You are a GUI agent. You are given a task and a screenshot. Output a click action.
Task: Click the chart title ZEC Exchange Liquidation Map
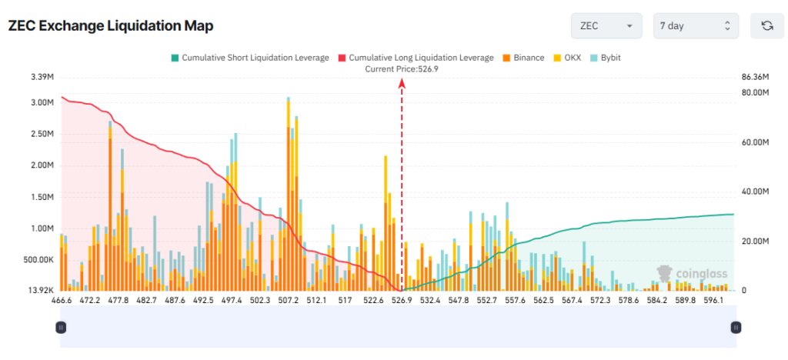[110, 25]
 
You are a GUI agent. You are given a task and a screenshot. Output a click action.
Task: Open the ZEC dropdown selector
[606, 26]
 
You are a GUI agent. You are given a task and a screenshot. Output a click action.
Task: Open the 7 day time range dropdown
[695, 26]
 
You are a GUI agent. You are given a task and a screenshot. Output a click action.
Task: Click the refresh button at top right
[766, 26]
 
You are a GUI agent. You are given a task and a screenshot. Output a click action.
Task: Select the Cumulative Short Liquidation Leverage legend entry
[250, 58]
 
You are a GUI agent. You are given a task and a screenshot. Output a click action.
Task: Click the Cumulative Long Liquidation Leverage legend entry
[416, 58]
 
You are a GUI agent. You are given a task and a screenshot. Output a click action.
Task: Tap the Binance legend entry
[523, 58]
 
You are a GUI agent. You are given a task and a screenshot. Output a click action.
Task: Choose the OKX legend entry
[567, 58]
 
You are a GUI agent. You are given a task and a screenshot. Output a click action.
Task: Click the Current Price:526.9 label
[401, 69]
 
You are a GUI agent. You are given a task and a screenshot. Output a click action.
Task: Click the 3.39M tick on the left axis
[42, 77]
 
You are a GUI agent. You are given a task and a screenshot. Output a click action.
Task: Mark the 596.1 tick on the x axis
[713, 301]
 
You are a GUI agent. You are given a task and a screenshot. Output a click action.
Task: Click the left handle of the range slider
[61, 327]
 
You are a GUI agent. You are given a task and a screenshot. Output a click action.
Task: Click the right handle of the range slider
[736, 327]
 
